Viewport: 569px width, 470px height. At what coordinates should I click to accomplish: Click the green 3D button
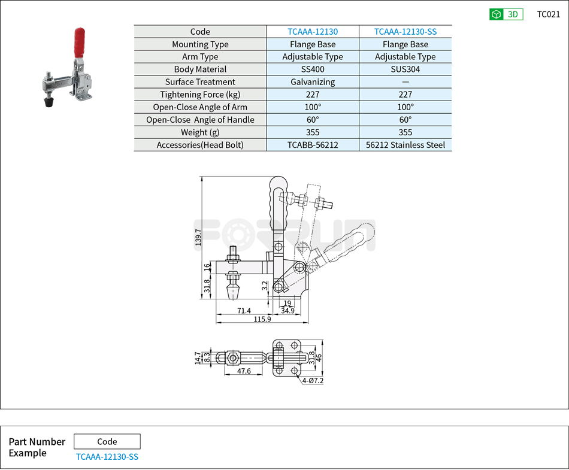click(506, 14)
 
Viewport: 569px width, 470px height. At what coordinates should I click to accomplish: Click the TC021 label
click(548, 14)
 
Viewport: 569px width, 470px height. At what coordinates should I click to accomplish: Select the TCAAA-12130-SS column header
click(405, 32)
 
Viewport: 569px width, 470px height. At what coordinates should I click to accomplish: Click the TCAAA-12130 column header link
click(313, 32)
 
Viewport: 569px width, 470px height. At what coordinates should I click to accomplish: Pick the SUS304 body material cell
click(405, 69)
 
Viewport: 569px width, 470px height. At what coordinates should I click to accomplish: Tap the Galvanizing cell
click(313, 82)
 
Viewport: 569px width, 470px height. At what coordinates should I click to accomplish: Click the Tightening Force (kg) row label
click(200, 95)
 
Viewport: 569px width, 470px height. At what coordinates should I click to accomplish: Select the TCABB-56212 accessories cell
click(313, 145)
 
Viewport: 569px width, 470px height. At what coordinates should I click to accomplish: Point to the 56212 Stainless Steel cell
click(405, 145)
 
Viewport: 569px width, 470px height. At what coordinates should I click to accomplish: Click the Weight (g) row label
click(200, 132)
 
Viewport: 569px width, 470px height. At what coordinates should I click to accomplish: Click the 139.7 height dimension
click(198, 236)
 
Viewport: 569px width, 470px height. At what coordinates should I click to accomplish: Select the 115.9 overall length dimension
click(262, 320)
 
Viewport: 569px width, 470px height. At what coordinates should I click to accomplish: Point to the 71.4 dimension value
click(244, 311)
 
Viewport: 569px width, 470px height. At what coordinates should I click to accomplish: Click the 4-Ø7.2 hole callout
click(313, 381)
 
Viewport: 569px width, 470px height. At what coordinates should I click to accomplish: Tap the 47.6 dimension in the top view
click(244, 371)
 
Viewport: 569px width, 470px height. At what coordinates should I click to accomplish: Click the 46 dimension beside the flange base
click(319, 358)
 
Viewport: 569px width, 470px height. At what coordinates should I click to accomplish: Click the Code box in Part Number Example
click(107, 442)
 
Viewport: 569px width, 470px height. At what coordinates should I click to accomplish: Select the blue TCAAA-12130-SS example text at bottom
click(107, 457)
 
